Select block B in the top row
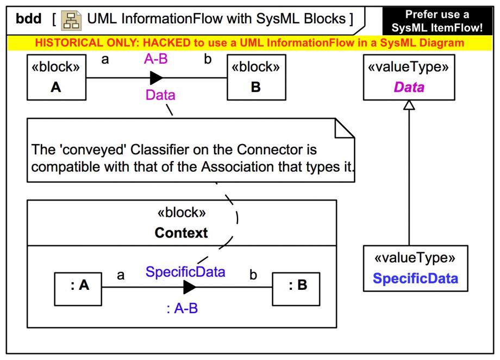256,78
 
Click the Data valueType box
409,78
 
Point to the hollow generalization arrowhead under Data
409,105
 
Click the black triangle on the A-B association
156,78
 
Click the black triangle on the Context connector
189,287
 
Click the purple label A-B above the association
155,60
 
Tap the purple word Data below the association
160,95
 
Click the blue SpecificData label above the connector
185,272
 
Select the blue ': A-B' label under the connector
182,309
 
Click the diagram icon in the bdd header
70,20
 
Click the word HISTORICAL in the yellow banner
65,42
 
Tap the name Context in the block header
181,233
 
